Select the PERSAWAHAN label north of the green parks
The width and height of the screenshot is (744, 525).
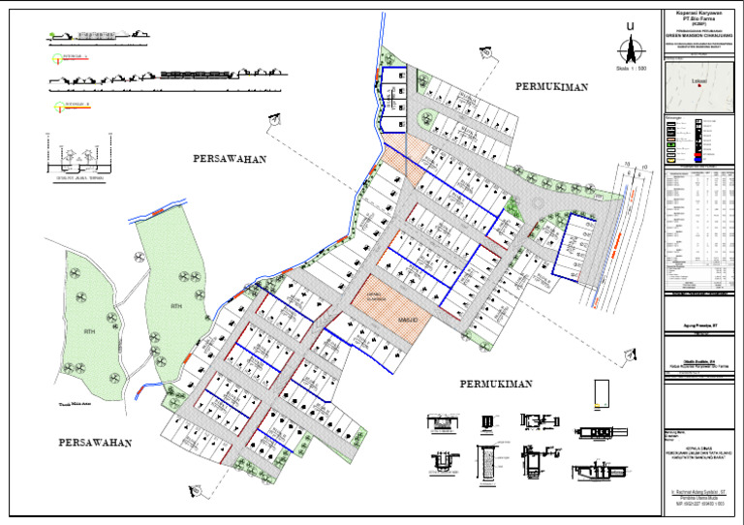[229, 158]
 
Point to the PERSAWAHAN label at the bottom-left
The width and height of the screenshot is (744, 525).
[94, 442]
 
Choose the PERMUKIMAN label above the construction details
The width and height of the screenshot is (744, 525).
[496, 384]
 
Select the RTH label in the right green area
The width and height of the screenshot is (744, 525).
[176, 306]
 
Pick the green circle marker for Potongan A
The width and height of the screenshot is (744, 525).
[57, 58]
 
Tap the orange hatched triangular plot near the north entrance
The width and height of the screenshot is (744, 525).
[397, 160]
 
